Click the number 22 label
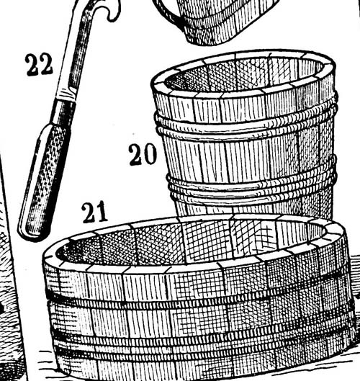tap(39, 65)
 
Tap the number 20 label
tap(143, 155)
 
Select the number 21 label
tap(94, 212)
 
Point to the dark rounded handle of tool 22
tap(42, 182)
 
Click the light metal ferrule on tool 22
tap(66, 94)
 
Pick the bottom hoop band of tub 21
tap(202, 350)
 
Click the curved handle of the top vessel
tap(168, 12)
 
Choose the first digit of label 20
tap(135, 155)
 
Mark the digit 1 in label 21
tap(102, 212)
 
